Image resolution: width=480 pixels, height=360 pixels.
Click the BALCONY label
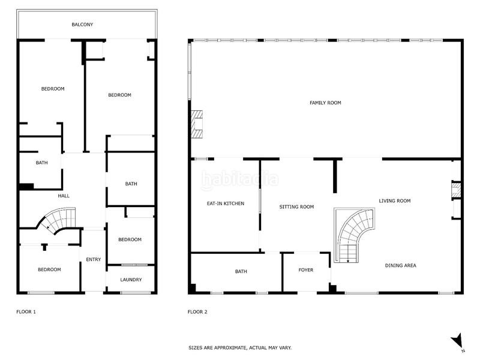pos(82,25)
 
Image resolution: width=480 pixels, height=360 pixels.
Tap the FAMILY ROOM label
pos(325,103)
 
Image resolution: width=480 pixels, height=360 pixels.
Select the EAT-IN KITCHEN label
pos(225,204)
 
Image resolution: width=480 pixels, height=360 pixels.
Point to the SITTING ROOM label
pos(296,207)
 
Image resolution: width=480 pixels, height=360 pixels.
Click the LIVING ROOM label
pos(394,201)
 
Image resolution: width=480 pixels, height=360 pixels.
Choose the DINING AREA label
pos(401,265)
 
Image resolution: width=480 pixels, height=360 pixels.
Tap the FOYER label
pos(306,270)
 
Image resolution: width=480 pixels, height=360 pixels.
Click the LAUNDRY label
pos(131,280)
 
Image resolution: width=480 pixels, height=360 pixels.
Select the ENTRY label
pos(94,259)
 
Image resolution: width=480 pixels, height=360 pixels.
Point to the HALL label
pos(64,196)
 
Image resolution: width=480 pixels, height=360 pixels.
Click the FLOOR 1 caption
pos(26,312)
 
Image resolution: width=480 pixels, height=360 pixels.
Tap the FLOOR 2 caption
pos(197,312)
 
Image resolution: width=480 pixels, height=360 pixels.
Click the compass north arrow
pos(457,340)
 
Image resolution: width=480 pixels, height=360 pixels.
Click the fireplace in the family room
pos(196,124)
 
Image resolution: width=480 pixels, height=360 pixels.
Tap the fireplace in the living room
pos(456,191)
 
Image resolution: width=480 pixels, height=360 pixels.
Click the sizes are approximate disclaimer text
pos(240,347)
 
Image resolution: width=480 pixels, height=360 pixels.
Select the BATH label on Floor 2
pos(241,272)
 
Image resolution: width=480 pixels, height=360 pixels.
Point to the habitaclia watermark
pos(240,179)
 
